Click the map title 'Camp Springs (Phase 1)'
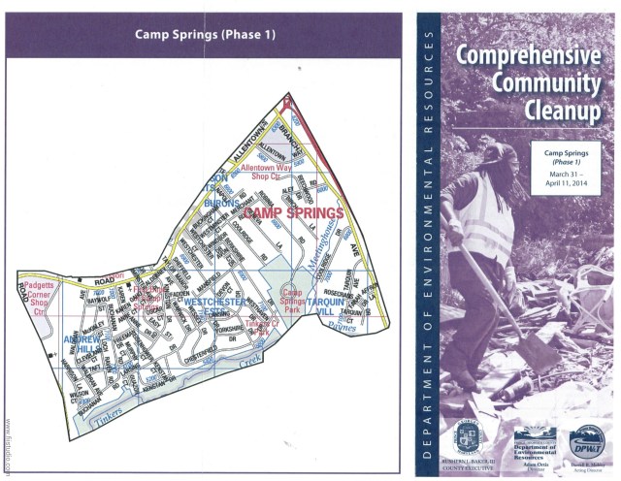(x=204, y=35)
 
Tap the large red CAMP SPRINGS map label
(x=294, y=211)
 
